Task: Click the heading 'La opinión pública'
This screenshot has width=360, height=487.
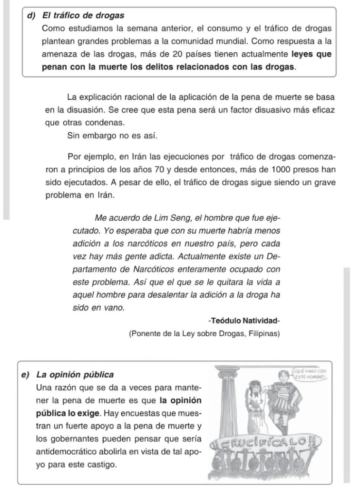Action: coord(75,375)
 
